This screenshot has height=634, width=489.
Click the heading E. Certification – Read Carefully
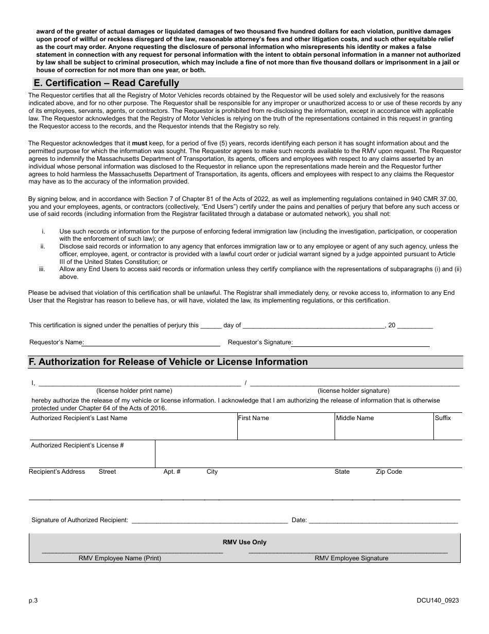pyautogui.click(x=106, y=83)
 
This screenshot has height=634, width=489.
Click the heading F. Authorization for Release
pyautogui.click(x=168, y=362)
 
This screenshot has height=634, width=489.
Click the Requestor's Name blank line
pyautogui.click(x=152, y=343)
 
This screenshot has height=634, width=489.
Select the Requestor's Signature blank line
pyautogui.click(x=361, y=343)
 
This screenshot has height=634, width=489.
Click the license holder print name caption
pyautogui.click(x=134, y=391)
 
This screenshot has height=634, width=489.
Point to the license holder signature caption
pyautogui.click(x=354, y=391)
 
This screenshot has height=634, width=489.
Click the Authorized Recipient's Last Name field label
pyautogui.click(x=79, y=418)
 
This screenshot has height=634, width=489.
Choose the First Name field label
pyautogui.click(x=253, y=418)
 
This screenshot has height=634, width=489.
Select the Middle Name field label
pyautogui.click(x=355, y=418)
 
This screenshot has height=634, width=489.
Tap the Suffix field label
pyautogui.click(x=443, y=418)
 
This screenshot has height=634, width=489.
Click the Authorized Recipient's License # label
pyautogui.click(x=77, y=445)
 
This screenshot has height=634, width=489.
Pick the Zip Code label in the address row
pyautogui.click(x=389, y=472)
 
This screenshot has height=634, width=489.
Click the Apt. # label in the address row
pyautogui.click(x=172, y=472)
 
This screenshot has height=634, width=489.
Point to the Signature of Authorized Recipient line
pyautogui.click(x=209, y=521)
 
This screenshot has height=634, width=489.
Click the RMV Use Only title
pyautogui.click(x=244, y=542)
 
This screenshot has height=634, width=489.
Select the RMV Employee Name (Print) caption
pyautogui.click(x=120, y=558)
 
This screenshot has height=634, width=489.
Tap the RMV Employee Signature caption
pyautogui.click(x=352, y=558)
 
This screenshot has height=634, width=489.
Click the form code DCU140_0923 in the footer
pyautogui.click(x=438, y=600)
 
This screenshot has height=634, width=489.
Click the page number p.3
pyautogui.click(x=33, y=600)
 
